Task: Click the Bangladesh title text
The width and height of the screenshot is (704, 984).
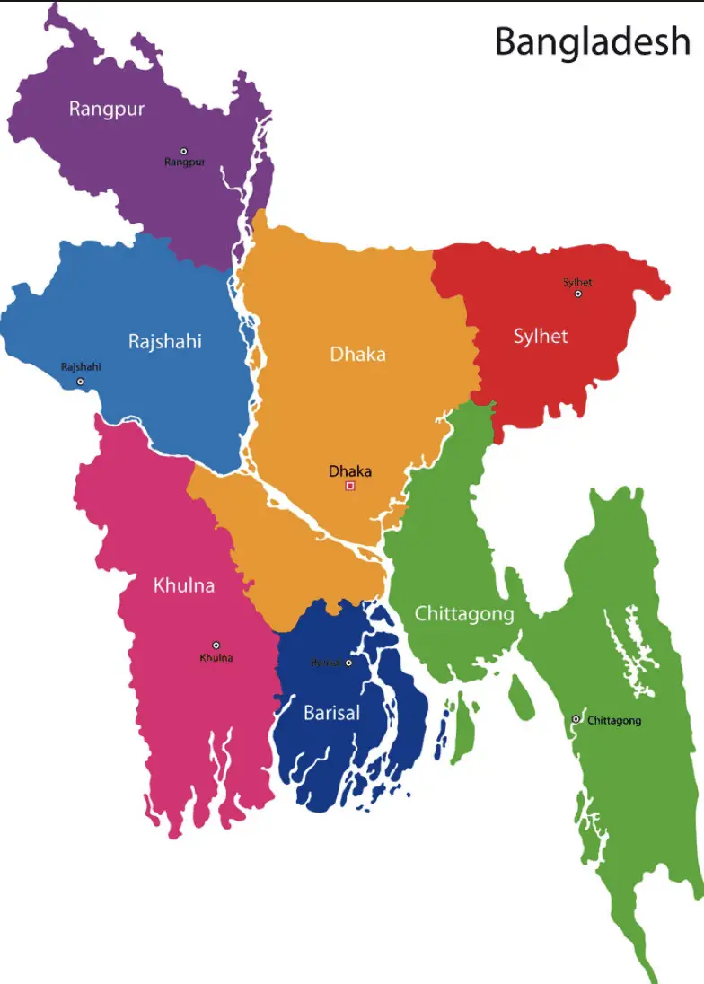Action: pos(593,42)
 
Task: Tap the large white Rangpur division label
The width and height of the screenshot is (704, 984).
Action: pos(107,110)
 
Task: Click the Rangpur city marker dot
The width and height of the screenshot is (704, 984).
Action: pos(184,151)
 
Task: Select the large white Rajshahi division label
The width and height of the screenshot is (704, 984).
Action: pos(164,341)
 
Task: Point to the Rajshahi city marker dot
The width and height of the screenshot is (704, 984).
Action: pos(80,382)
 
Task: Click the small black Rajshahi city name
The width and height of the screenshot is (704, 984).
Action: pos(81,366)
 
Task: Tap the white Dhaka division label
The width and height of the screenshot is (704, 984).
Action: pos(357,354)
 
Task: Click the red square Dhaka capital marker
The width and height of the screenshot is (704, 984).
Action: pos(350,486)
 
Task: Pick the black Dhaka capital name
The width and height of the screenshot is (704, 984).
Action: pos(350,471)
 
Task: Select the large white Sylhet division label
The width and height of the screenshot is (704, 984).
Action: pos(541,337)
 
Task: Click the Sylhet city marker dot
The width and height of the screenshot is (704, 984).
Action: pos(578,294)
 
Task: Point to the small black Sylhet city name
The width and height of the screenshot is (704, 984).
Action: pos(577,282)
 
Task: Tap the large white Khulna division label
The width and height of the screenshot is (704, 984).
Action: pos(184,586)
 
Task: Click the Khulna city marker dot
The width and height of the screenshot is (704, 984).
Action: pos(216,645)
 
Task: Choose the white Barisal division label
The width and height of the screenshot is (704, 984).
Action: pos(331,713)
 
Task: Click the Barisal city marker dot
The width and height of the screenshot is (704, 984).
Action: pos(348,663)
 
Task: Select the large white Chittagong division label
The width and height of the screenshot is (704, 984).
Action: pos(463,614)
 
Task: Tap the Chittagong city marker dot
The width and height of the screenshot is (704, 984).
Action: pos(576,719)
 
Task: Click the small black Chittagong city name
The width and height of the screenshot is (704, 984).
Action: pos(614,720)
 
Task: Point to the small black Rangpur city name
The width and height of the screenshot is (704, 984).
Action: pos(185,163)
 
